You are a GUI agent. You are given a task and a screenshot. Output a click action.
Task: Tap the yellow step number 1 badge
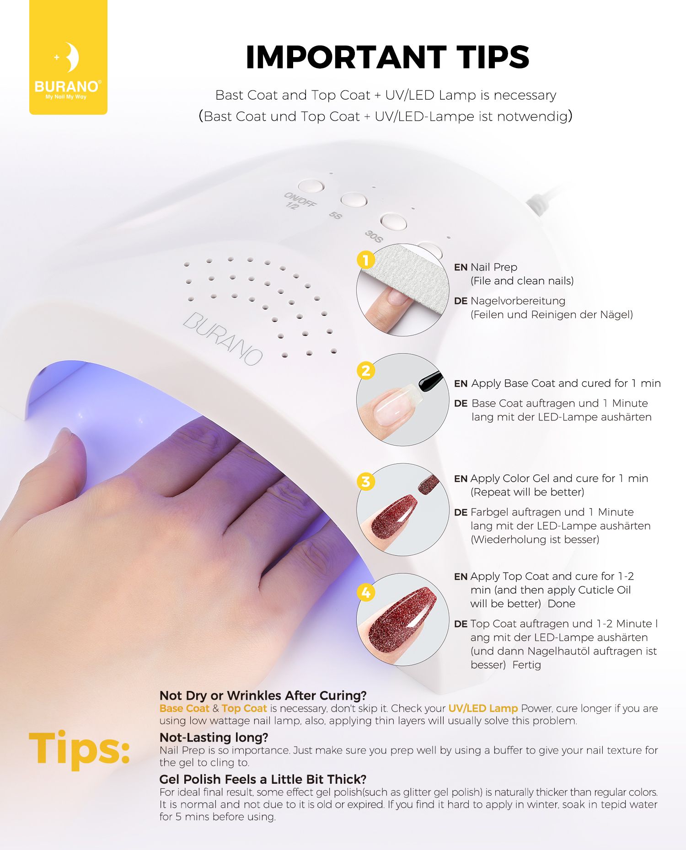point(366,260)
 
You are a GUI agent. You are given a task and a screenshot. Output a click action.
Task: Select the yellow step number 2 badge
point(366,371)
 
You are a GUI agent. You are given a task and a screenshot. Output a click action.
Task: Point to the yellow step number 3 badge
point(366,481)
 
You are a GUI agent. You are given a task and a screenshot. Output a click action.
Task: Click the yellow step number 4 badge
point(366,592)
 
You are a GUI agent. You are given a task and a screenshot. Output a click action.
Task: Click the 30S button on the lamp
point(393,221)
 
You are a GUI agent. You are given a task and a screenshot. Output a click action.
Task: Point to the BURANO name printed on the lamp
point(223,338)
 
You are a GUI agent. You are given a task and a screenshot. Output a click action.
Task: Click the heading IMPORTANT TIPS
point(387,57)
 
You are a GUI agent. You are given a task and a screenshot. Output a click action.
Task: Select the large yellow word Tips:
point(80,748)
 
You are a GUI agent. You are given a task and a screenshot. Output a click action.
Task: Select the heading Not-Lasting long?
point(214,737)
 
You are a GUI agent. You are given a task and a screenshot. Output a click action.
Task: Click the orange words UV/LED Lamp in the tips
point(483,708)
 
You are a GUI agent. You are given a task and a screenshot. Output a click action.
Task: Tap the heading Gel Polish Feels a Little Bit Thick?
point(263,779)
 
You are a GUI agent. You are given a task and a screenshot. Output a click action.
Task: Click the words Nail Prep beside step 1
point(494,267)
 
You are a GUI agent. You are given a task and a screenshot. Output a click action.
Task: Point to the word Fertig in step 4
point(527,665)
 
